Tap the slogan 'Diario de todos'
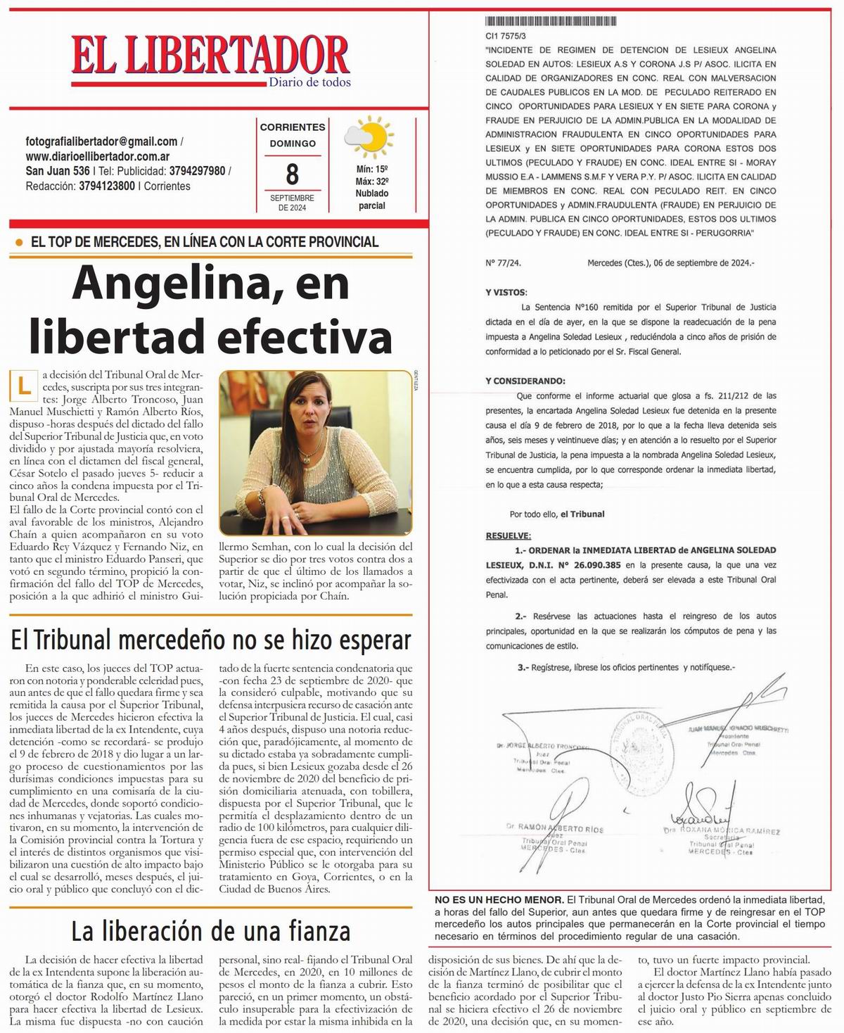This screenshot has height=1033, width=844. (309, 82)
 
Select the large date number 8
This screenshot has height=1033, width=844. (292, 173)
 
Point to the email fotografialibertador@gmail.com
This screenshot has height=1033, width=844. (101, 141)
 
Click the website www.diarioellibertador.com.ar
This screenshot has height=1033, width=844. (97, 156)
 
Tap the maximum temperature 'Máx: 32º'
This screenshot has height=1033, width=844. (372, 181)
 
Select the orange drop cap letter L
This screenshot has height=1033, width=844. (25, 385)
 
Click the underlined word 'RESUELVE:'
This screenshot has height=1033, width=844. (508, 535)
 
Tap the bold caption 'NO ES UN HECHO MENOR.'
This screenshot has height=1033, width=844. (499, 900)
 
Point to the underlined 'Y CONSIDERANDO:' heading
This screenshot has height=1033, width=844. (525, 381)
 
